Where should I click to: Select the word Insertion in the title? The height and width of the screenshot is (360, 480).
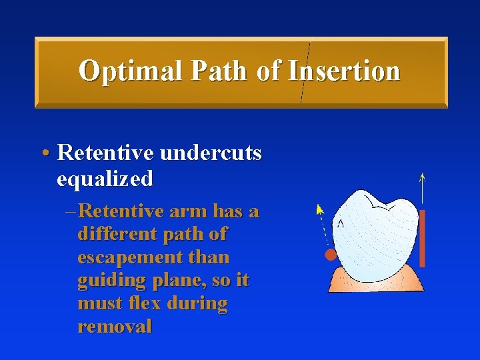(x=344, y=71)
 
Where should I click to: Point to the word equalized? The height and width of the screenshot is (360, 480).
(x=105, y=178)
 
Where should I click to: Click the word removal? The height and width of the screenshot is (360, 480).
(x=115, y=326)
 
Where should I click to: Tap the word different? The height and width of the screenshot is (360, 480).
(x=113, y=235)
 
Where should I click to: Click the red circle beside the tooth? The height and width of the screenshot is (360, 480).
(x=330, y=255)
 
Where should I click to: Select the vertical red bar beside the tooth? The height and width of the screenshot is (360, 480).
(x=422, y=238)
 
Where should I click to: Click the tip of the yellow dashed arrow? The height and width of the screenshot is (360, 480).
(x=318, y=206)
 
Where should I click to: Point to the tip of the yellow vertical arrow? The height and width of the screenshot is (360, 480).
(x=422, y=175)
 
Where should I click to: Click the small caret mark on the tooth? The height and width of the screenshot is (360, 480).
(x=341, y=223)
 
